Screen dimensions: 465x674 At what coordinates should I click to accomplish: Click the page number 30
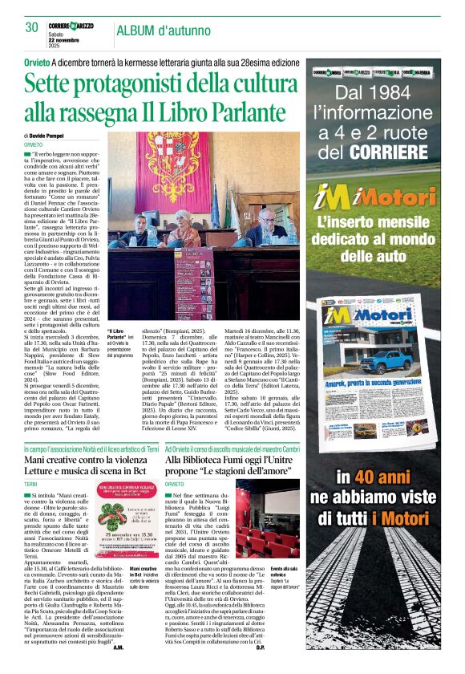(32, 27)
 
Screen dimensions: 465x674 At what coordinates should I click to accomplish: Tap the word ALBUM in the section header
(137, 31)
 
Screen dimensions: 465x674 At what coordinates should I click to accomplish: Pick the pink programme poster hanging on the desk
(191, 285)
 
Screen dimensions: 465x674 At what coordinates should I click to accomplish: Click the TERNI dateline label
(31, 485)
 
